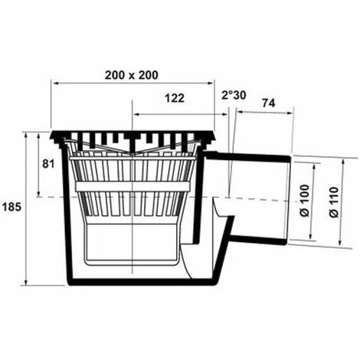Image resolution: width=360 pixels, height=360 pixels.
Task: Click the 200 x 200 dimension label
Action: [132, 75]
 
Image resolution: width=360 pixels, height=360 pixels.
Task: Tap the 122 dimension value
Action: [175, 98]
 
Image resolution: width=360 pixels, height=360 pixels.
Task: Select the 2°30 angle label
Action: [234, 95]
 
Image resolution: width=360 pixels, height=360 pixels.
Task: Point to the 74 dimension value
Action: [269, 103]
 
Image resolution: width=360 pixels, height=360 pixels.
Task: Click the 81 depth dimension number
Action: [48, 164]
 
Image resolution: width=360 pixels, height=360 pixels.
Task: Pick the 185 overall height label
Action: [11, 207]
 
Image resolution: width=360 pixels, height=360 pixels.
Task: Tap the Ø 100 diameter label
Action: [305, 201]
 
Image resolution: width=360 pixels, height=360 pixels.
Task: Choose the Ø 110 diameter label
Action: [334, 202]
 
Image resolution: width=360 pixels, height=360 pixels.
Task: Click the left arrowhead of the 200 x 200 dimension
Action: [54, 83]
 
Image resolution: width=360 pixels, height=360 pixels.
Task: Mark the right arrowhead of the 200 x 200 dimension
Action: [211, 83]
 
